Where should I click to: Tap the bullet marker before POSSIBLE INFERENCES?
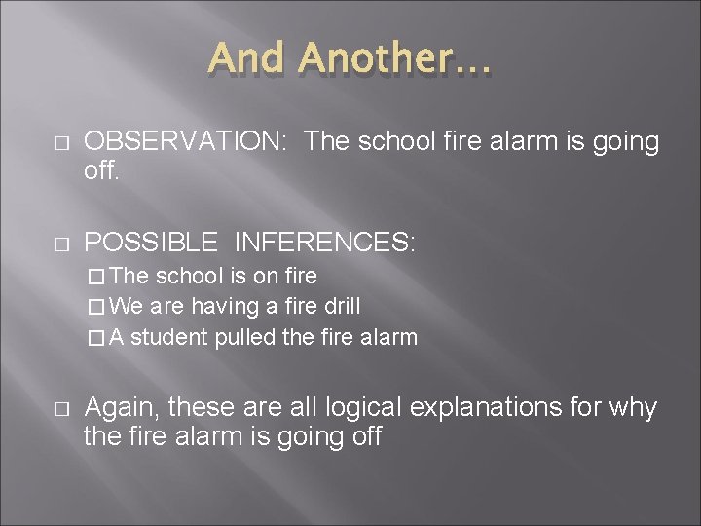(x=60, y=244)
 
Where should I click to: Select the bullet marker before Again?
(x=60, y=409)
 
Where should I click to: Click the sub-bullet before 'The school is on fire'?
(x=93, y=277)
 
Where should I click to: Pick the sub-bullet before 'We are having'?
(x=93, y=307)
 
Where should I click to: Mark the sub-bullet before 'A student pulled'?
(x=93, y=338)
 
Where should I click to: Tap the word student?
(x=165, y=337)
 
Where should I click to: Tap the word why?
(x=636, y=407)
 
